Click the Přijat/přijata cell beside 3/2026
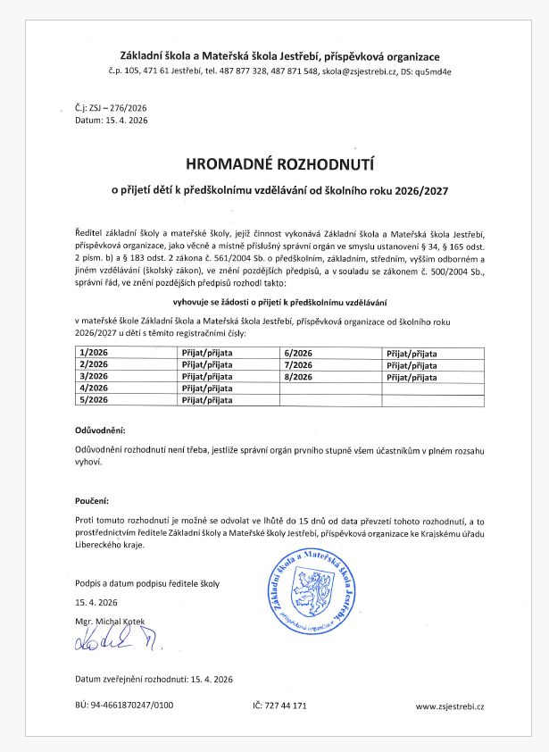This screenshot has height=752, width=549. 207,377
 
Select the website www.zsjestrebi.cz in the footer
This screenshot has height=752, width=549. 450,706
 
